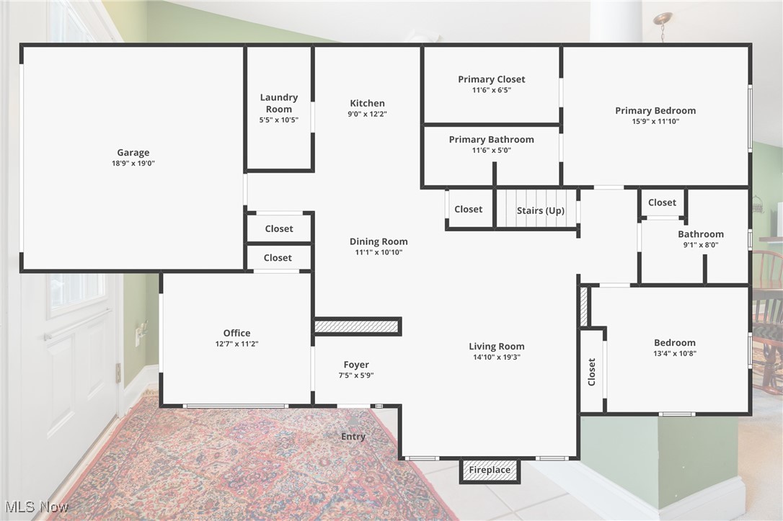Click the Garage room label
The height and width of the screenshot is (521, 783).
coord(133,153)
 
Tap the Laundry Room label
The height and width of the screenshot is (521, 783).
coord(278,103)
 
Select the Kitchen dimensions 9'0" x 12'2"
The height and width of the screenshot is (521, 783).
coord(368,114)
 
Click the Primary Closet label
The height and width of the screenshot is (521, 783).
coord(492,79)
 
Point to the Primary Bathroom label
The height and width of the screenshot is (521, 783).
coord(492,140)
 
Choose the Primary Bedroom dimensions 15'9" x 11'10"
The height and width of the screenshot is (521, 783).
coord(655,121)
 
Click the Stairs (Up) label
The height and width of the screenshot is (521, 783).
coord(541,210)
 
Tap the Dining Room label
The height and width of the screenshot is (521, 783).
coord(379,241)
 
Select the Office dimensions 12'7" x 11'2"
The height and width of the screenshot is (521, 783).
coord(236,344)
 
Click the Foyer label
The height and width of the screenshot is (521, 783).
coord(356,365)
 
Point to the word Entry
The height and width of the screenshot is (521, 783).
coord(353,437)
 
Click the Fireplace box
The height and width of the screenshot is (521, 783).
coord(490,471)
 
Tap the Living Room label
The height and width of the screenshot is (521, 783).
coord(496,347)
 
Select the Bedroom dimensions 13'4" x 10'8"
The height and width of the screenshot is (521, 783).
coord(675,354)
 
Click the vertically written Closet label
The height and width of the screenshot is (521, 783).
coord(592,372)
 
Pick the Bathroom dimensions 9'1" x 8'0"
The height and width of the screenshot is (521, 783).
coord(701,245)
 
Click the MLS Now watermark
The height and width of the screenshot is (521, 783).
coord(36,507)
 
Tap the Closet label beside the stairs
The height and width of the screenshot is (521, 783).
coord(469,210)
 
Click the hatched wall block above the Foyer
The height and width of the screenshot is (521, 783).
coord(357,326)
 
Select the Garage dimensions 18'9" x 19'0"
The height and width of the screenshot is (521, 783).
coord(133,163)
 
